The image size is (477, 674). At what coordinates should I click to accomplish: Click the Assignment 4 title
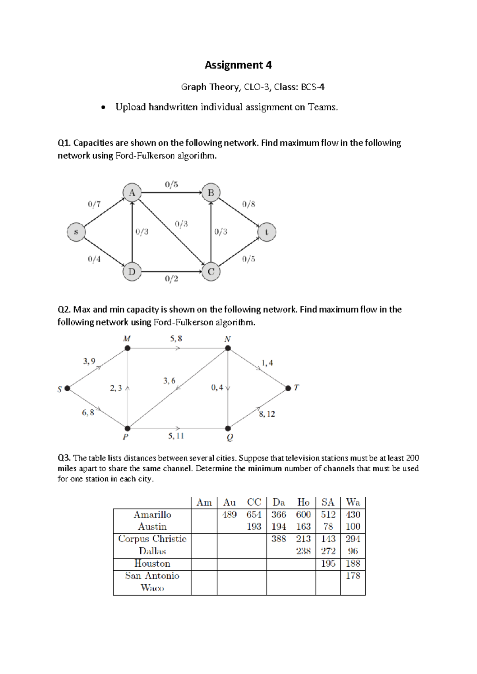pos(238,65)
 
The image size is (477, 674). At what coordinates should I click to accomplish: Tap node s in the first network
pos(76,232)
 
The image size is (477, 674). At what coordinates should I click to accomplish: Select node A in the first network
pos(132,193)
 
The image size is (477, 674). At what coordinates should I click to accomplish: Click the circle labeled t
pos(266,232)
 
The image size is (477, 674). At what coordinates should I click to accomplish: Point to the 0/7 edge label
pos(94,204)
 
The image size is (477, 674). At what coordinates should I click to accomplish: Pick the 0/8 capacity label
pos(248,204)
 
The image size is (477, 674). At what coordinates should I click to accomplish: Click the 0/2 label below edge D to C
pos(171,279)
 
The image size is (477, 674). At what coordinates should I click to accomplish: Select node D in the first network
pos(132,272)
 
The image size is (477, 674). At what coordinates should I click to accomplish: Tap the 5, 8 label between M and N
pos(176,339)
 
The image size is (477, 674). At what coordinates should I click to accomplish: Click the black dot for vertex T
pos(288,388)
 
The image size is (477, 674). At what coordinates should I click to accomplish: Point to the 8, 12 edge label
pos(267,414)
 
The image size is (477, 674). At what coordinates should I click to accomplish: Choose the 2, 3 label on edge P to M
pos(116,388)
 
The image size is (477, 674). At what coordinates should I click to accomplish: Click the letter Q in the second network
pos(230,438)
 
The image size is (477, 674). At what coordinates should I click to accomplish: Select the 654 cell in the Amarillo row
pos(254,515)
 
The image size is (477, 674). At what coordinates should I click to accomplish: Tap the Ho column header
pos(303,502)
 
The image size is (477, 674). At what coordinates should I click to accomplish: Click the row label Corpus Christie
pos(152,539)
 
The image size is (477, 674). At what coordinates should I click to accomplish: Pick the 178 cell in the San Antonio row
pos(353,575)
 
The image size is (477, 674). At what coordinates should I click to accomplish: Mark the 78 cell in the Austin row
pos(328,527)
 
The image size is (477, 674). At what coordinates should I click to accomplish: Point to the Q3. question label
pos(64,458)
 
